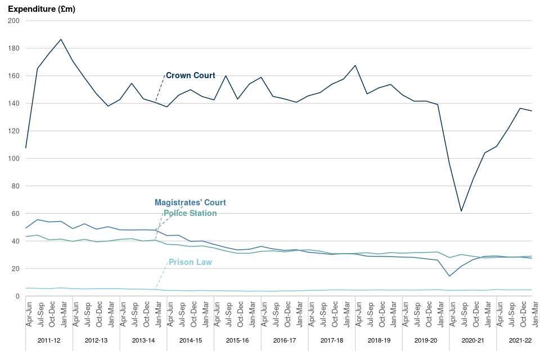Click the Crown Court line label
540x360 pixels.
tap(190, 75)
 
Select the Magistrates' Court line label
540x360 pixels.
tap(190, 202)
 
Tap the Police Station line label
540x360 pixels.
tap(190, 213)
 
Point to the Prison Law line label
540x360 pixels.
tap(190, 262)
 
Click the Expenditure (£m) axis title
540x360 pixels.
tap(42, 9)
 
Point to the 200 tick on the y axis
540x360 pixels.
tap(14, 21)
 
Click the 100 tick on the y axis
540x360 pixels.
tap(14, 159)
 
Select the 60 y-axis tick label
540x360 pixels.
tap(16, 214)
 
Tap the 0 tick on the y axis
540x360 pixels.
tap(17, 296)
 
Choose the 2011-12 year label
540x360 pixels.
tap(49, 341)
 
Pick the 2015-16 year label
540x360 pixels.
tap(237, 341)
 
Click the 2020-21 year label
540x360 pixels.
tap(473, 341)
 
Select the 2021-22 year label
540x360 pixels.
tap(520, 341)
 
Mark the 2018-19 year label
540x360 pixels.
tap(379, 341)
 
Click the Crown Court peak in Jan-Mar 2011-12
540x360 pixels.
tap(61, 39)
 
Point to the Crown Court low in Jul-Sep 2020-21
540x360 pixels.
tap(461, 211)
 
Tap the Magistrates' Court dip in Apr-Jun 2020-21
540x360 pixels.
tap(449, 276)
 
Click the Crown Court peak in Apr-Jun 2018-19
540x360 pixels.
tap(355, 65)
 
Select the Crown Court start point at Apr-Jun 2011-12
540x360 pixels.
tap(26, 148)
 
